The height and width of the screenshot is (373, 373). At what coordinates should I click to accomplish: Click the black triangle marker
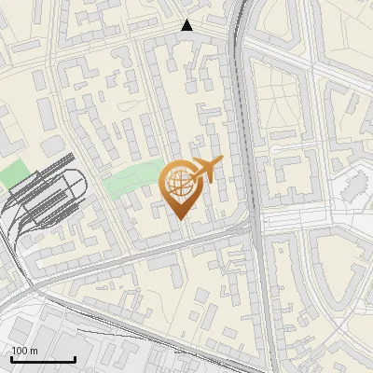point(187,25)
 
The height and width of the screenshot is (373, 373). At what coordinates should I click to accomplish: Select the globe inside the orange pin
point(178,181)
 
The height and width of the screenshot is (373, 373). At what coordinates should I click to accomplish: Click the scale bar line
point(44,359)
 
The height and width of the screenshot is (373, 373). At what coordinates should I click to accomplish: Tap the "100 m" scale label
point(25,350)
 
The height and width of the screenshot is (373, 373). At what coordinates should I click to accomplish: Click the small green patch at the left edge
point(14,173)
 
